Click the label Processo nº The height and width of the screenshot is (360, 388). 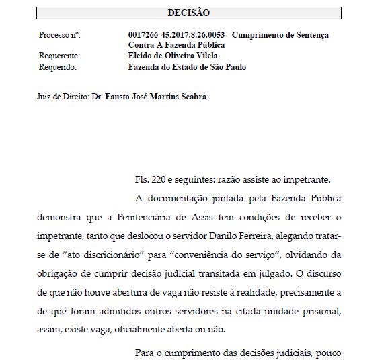click(x=60, y=34)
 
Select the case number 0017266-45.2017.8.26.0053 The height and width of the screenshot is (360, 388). click(x=177, y=34)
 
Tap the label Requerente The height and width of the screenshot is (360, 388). click(x=59, y=56)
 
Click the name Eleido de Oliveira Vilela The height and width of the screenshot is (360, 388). click(x=172, y=56)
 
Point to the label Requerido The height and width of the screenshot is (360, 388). click(x=58, y=67)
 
